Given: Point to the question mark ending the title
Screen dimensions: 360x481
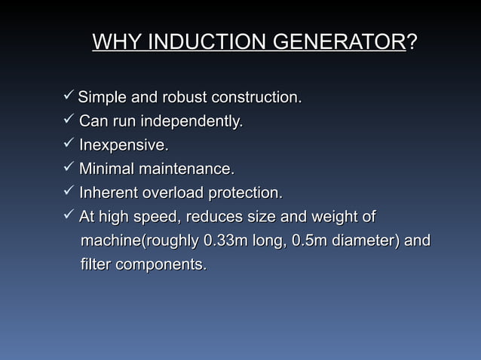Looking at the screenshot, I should pos(412,42).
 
